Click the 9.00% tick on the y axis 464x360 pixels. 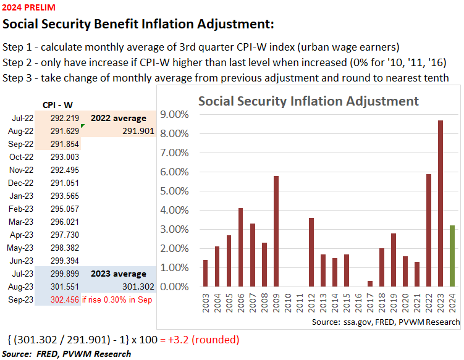(175, 114)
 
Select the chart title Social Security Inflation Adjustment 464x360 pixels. (308, 101)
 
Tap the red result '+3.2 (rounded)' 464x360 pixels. (201, 340)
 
